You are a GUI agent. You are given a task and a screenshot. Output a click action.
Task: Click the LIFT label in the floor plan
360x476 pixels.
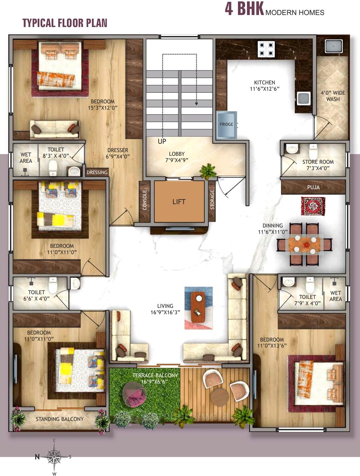click(x=179, y=202)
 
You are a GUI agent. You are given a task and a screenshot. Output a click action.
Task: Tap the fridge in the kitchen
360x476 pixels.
click(x=226, y=125)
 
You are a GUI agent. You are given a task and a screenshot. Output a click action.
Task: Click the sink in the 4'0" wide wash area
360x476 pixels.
click(x=334, y=46)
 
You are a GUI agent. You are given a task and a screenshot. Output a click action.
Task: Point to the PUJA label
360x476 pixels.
click(x=313, y=187)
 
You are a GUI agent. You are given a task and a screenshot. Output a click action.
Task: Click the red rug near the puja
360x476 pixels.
click(x=313, y=206)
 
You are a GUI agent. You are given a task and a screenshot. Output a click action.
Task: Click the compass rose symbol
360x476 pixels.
click(x=54, y=456)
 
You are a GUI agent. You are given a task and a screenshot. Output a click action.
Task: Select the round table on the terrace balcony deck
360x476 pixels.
click(x=219, y=397)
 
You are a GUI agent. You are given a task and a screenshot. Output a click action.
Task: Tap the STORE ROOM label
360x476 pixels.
click(x=318, y=165)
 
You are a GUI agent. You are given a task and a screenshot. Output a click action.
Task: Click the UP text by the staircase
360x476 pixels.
click(x=162, y=141)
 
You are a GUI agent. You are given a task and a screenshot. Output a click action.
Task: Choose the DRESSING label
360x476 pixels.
click(x=97, y=172)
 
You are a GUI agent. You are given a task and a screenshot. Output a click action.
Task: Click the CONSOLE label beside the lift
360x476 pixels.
click(x=145, y=200)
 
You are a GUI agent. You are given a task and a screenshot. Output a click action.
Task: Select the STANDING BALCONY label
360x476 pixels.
click(x=60, y=419)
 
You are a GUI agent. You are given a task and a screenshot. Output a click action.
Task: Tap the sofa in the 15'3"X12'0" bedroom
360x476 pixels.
click(x=55, y=129)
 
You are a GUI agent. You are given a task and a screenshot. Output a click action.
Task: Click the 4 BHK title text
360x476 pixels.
click(x=244, y=9)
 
